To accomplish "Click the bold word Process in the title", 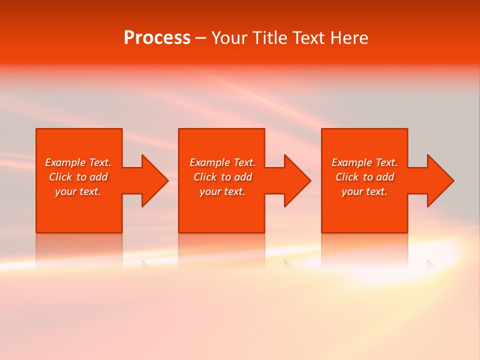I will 157,38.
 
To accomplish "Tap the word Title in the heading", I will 270,38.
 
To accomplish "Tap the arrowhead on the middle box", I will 297,180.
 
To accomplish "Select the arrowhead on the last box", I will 440,180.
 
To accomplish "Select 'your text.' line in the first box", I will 78,191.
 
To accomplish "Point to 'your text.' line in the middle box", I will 222,191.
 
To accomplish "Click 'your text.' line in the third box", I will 364,191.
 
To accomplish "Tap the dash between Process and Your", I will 200,38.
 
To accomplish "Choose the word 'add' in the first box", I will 98,177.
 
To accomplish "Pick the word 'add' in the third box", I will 385,177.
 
